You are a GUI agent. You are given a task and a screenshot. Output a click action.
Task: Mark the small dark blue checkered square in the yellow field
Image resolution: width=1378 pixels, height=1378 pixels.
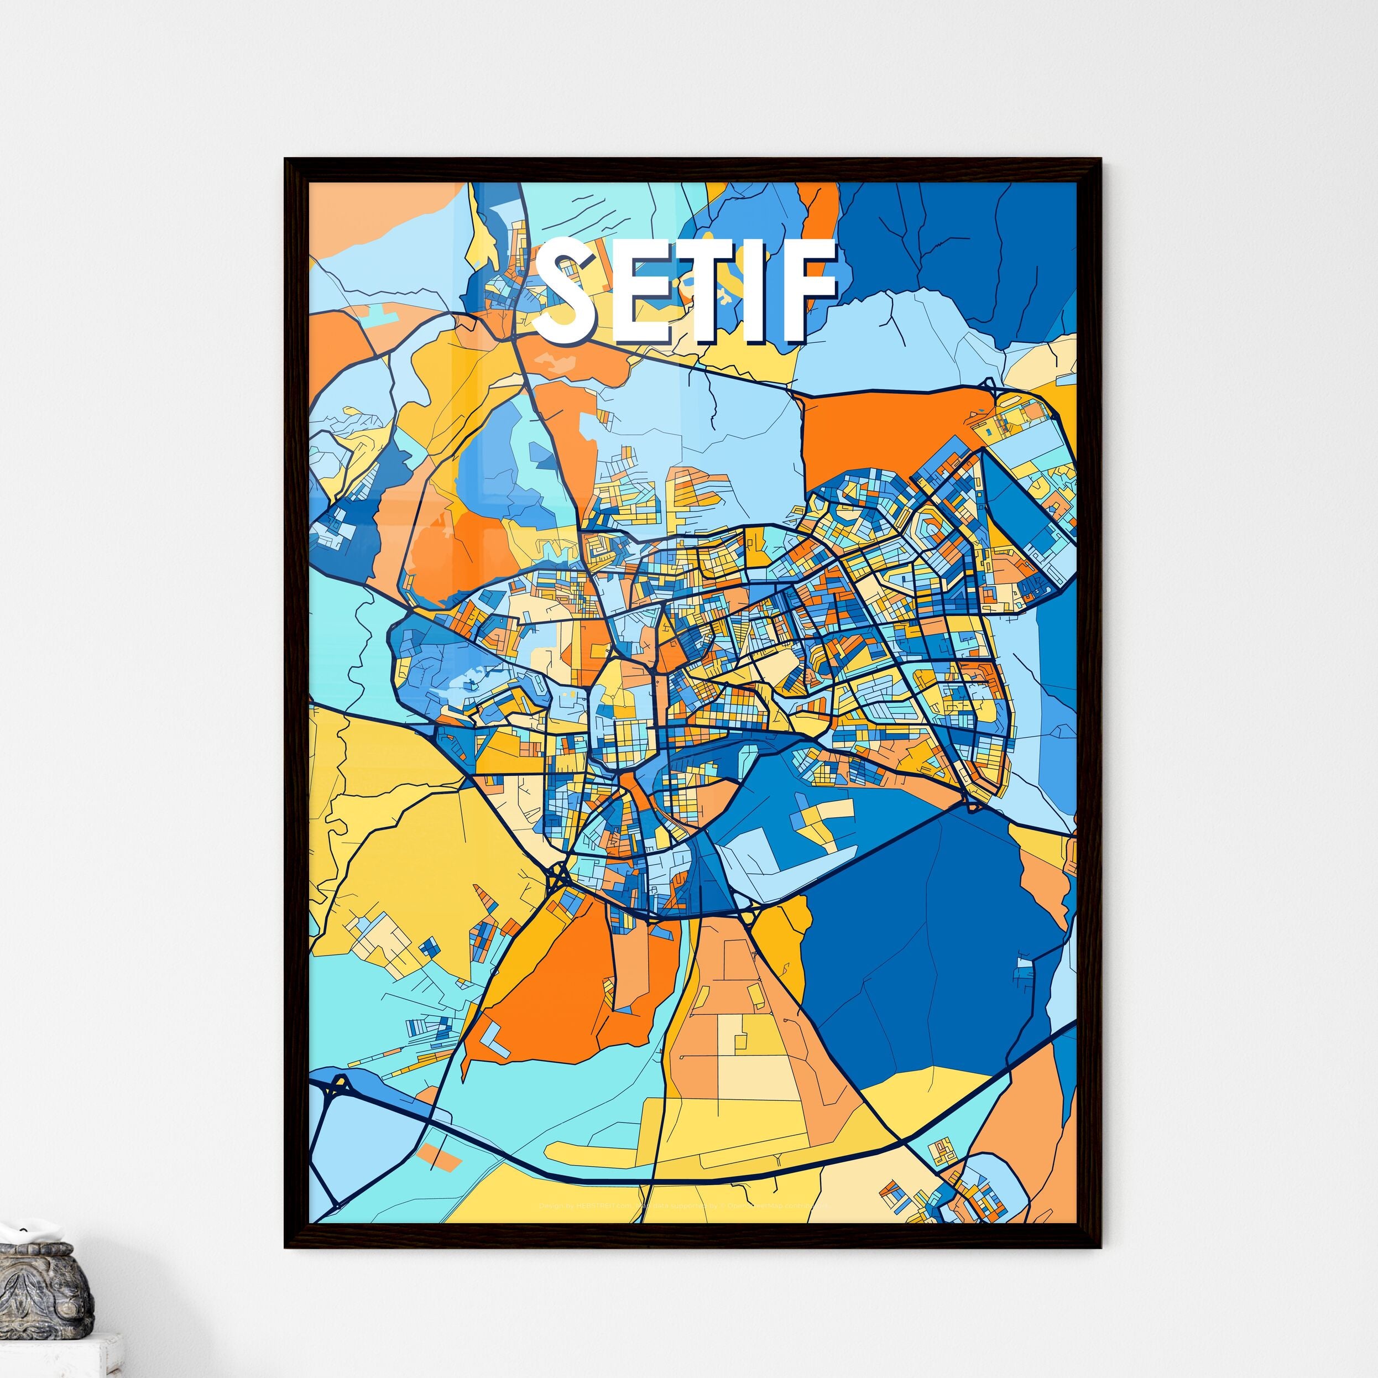coord(428,947)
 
